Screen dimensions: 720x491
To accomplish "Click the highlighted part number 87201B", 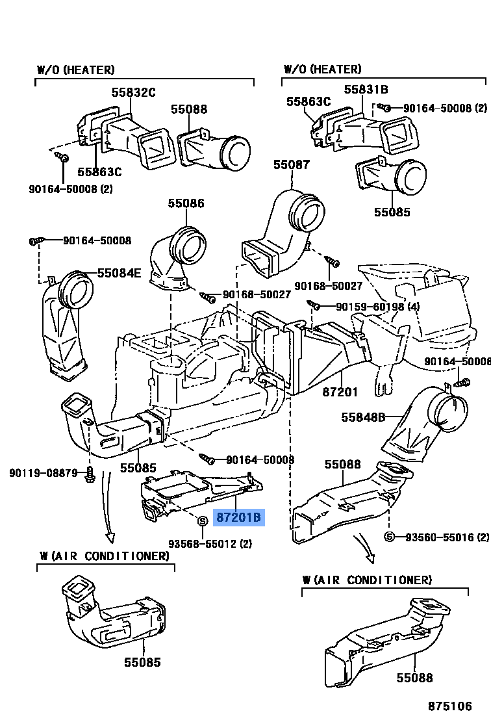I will click(x=238, y=518).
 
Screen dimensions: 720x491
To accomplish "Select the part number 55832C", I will click(x=133, y=93).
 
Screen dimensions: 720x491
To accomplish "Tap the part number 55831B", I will click(x=366, y=90).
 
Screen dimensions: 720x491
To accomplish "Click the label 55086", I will click(x=185, y=203).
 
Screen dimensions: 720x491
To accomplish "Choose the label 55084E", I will click(x=119, y=273).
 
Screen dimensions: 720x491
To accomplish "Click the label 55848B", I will click(x=364, y=417).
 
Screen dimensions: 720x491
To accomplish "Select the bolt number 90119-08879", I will click(x=44, y=472).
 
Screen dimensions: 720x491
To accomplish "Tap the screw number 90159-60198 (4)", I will click(x=369, y=307).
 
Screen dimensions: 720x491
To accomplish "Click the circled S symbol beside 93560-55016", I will click(x=389, y=537).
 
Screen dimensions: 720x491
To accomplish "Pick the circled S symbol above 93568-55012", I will click(x=202, y=521).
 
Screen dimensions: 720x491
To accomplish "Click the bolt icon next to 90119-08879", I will click(x=90, y=474).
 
